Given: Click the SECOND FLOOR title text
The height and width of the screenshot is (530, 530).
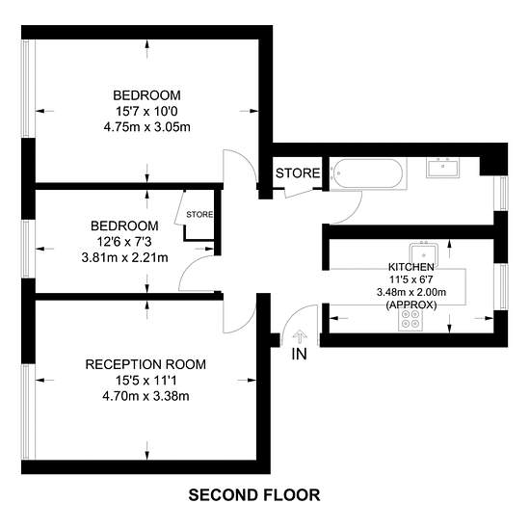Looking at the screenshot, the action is [254, 495].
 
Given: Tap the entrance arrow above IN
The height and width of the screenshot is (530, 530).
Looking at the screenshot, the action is [300, 337].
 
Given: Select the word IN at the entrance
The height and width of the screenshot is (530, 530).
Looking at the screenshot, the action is [299, 354].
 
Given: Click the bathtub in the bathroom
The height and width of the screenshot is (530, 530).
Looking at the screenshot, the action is [367, 173].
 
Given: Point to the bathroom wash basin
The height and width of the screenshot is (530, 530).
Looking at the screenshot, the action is [442, 168].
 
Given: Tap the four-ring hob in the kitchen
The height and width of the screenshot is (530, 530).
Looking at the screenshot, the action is [411, 319].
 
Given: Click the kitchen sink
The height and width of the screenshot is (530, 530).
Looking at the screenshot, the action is [424, 254].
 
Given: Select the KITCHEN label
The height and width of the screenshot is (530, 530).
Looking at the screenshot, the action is [411, 267].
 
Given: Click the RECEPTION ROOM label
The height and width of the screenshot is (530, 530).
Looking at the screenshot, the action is [146, 364].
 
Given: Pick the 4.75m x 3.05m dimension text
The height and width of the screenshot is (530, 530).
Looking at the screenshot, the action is [147, 127].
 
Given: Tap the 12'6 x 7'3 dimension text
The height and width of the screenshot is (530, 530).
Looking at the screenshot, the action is [124, 242].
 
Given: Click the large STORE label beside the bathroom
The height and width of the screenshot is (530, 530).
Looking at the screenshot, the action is [298, 173].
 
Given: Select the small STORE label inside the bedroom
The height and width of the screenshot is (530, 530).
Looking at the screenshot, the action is [199, 214].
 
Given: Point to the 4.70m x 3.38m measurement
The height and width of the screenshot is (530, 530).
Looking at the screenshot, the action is [146, 396].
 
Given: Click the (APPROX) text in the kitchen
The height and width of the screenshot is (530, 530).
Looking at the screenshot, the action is [411, 305].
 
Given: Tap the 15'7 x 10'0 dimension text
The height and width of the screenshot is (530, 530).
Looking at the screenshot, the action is [146, 111].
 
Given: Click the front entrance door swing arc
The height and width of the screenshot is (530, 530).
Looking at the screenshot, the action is [292, 314].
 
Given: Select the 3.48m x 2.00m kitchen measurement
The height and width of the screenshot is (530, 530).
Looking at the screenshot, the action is [411, 292].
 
